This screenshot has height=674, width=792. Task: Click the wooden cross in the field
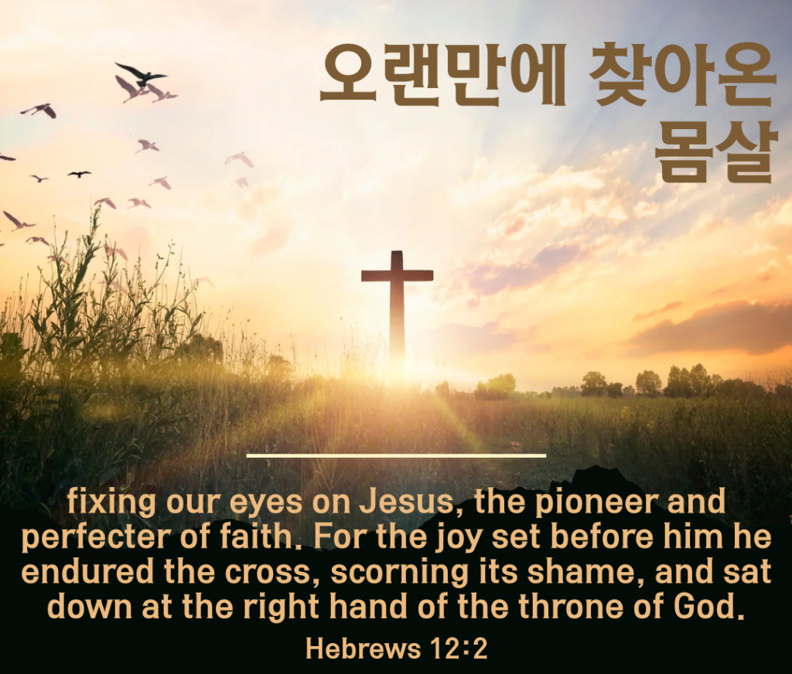(x=397, y=308)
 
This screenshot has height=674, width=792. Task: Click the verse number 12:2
(x=459, y=648)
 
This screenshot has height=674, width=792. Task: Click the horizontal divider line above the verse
(x=397, y=455)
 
